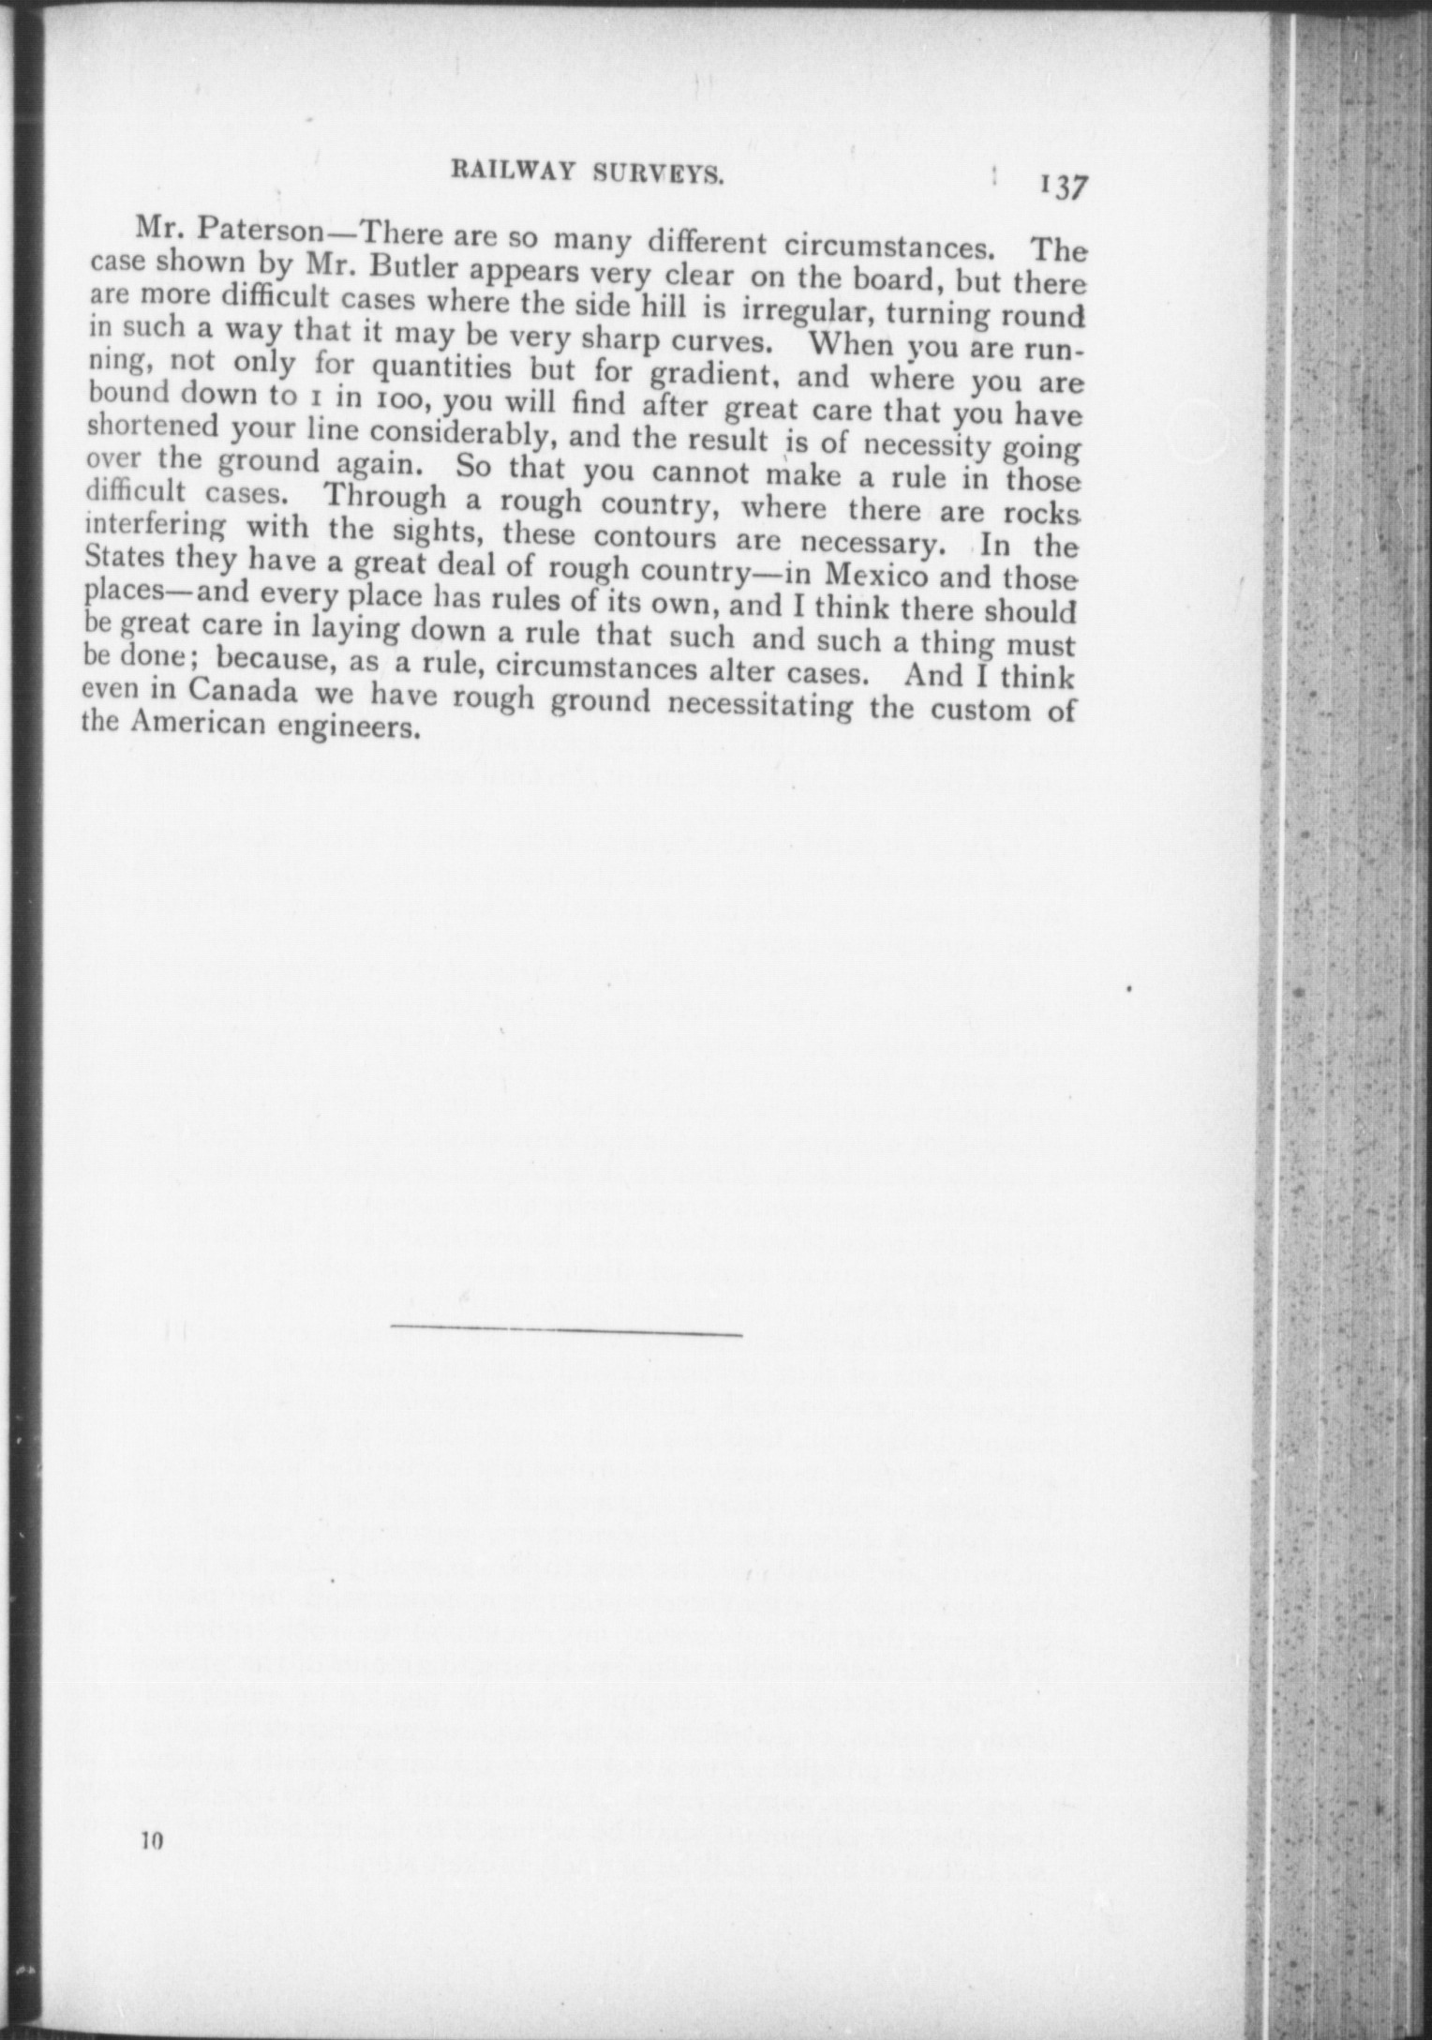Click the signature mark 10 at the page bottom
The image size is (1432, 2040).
[x=153, y=1840]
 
